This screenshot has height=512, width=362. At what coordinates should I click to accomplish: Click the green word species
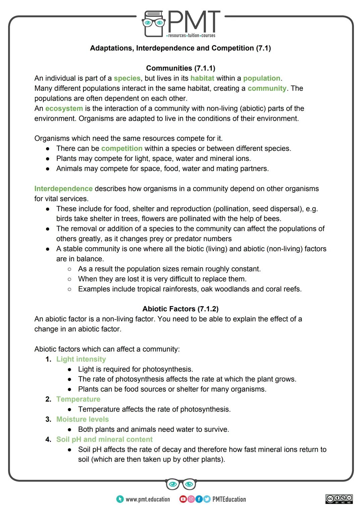point(127,78)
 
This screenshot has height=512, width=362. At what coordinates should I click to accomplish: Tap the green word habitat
point(202,78)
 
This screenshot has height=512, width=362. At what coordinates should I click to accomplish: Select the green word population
point(261,78)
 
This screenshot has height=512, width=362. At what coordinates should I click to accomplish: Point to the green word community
point(267,89)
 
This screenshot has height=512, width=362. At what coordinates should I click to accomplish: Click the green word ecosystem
point(64,109)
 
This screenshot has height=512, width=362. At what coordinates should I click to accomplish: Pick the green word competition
point(122,149)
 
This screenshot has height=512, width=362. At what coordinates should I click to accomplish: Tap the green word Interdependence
point(63,189)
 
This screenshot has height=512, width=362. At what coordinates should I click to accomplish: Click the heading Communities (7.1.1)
point(181,68)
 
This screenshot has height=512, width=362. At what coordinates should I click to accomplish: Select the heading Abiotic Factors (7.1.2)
point(180,309)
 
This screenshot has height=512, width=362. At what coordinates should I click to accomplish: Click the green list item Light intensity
point(81,359)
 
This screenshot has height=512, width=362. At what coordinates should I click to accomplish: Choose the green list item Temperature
point(78,399)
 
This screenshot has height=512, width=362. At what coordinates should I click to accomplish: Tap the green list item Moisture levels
point(82,419)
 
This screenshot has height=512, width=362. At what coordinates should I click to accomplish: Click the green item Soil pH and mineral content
point(104,440)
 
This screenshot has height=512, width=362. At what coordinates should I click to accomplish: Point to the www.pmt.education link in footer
point(147,499)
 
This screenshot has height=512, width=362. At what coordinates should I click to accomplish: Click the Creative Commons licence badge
point(339,499)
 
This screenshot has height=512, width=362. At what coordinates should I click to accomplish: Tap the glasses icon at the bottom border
point(181,484)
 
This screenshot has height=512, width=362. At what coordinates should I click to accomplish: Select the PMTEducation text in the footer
point(229,499)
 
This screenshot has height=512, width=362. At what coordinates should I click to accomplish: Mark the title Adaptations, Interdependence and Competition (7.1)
point(180,48)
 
